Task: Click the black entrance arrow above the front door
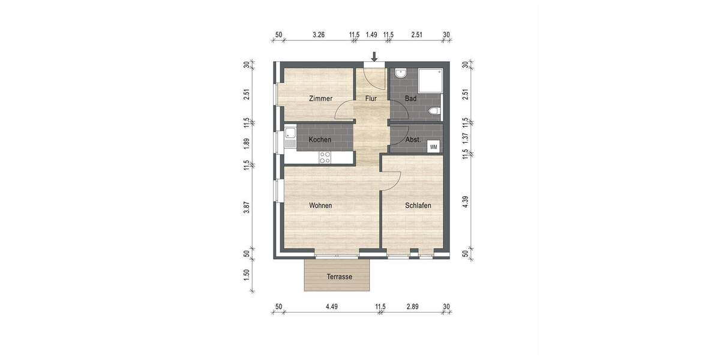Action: pos(374,57)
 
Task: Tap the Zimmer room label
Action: pos(320,98)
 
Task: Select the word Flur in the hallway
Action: pos(371,98)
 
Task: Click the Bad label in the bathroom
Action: pos(410,98)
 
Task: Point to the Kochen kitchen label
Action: pos(320,140)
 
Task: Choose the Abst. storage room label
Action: pos(413,140)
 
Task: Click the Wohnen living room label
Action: pos(320,205)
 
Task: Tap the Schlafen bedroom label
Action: pos(418,205)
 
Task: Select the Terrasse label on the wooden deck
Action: pos(339,277)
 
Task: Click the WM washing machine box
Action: pos(434,146)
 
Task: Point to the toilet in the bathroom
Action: pos(435,111)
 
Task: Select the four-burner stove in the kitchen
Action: pos(325,157)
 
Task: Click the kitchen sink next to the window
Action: pos(290,137)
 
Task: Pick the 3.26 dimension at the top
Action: pos(319,35)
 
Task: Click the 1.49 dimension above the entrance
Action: pos(371,35)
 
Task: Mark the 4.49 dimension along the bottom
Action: pos(332,307)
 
